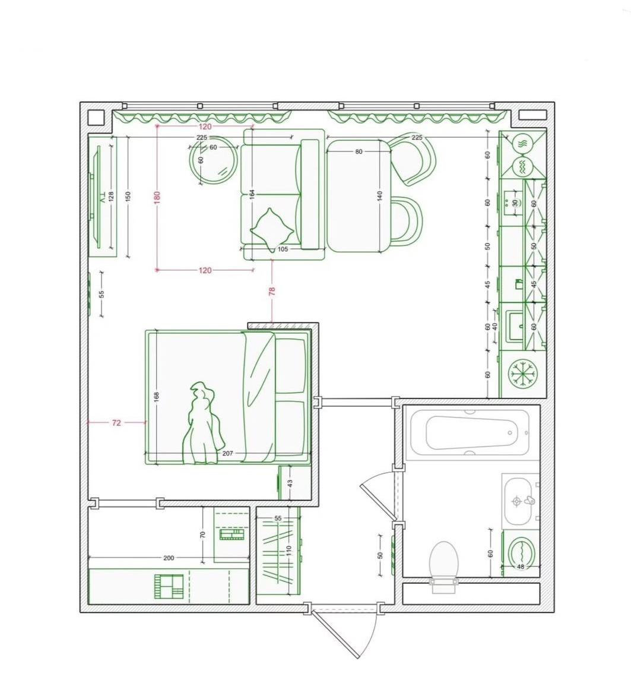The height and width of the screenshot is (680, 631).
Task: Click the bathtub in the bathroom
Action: point(470,432)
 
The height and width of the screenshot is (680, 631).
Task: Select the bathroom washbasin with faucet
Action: point(518,501)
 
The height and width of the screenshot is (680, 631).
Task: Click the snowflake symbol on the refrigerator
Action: point(522,373)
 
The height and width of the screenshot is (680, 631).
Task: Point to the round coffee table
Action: point(214,160)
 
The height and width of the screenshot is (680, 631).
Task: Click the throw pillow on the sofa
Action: point(272,229)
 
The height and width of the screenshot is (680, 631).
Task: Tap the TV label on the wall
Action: point(103,198)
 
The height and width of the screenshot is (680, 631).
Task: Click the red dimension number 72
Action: point(116,422)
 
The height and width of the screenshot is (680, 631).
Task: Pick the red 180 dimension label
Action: point(157,196)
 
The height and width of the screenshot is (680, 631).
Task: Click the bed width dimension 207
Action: point(227,453)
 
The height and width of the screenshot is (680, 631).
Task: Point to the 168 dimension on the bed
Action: point(157,397)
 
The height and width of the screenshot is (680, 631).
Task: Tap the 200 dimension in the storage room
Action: point(169,558)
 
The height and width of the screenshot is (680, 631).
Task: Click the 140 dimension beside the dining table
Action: point(380,195)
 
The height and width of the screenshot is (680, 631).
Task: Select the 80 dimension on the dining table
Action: point(359,152)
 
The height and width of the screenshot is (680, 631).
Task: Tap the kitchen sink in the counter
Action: point(516,325)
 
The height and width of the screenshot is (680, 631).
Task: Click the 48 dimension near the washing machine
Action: point(521,567)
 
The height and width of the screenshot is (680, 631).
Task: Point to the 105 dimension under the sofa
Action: point(283,249)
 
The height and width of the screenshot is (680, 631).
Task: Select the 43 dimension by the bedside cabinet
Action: point(290,482)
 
